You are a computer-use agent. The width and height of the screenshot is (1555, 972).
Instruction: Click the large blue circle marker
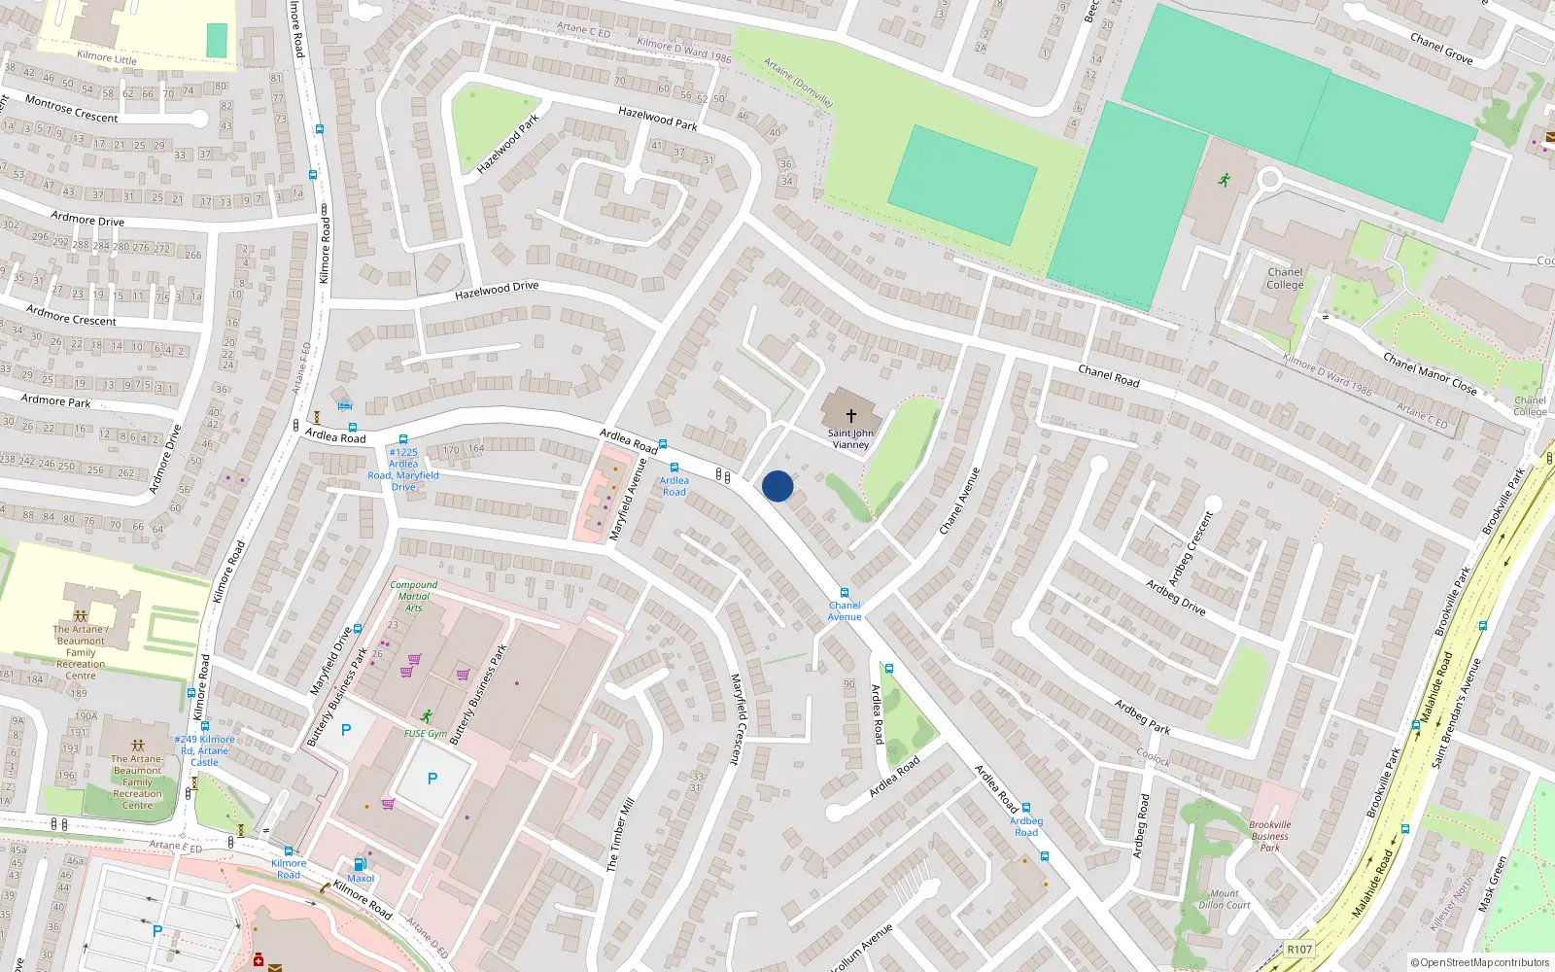click(777, 486)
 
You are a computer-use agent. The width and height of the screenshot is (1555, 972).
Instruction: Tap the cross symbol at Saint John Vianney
click(851, 415)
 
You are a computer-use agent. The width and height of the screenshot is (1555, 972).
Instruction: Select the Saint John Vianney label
click(850, 439)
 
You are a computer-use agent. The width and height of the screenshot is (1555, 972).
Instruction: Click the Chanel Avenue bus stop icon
click(845, 593)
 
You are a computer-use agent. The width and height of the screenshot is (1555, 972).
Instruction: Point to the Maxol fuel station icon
click(360, 864)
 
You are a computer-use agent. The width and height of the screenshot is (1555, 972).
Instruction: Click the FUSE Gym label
click(426, 734)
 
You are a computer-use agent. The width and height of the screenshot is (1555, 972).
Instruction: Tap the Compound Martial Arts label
click(414, 596)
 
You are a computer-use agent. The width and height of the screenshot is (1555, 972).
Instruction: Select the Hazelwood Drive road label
click(497, 290)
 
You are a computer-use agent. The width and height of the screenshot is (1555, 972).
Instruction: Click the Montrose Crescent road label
click(71, 109)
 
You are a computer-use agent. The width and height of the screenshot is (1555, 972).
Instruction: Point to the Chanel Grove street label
click(1441, 49)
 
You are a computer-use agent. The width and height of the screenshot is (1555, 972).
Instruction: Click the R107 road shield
click(1298, 950)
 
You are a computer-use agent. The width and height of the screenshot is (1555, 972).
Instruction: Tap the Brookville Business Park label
click(1270, 836)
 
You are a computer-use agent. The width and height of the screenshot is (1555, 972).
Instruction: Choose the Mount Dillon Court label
click(1225, 899)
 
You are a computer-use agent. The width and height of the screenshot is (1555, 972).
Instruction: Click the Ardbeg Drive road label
click(1175, 597)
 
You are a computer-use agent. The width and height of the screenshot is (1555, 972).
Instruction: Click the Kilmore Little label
click(107, 57)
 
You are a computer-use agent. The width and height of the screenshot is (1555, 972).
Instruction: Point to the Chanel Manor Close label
click(1430, 374)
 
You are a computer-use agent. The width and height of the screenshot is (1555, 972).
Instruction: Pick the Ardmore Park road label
click(56, 400)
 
